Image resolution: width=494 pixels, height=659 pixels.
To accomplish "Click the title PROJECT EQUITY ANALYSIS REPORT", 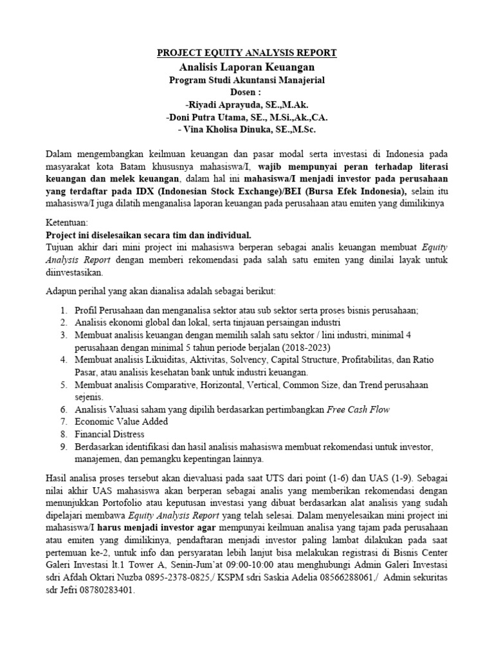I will (x=247, y=53).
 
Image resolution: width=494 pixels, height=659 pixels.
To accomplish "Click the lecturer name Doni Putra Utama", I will (x=216, y=117).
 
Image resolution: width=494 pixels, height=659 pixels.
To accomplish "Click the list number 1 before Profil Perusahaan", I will (x=64, y=310).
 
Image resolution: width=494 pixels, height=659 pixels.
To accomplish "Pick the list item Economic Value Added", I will (x=121, y=422).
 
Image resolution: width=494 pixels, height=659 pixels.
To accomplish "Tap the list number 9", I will (x=64, y=447).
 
